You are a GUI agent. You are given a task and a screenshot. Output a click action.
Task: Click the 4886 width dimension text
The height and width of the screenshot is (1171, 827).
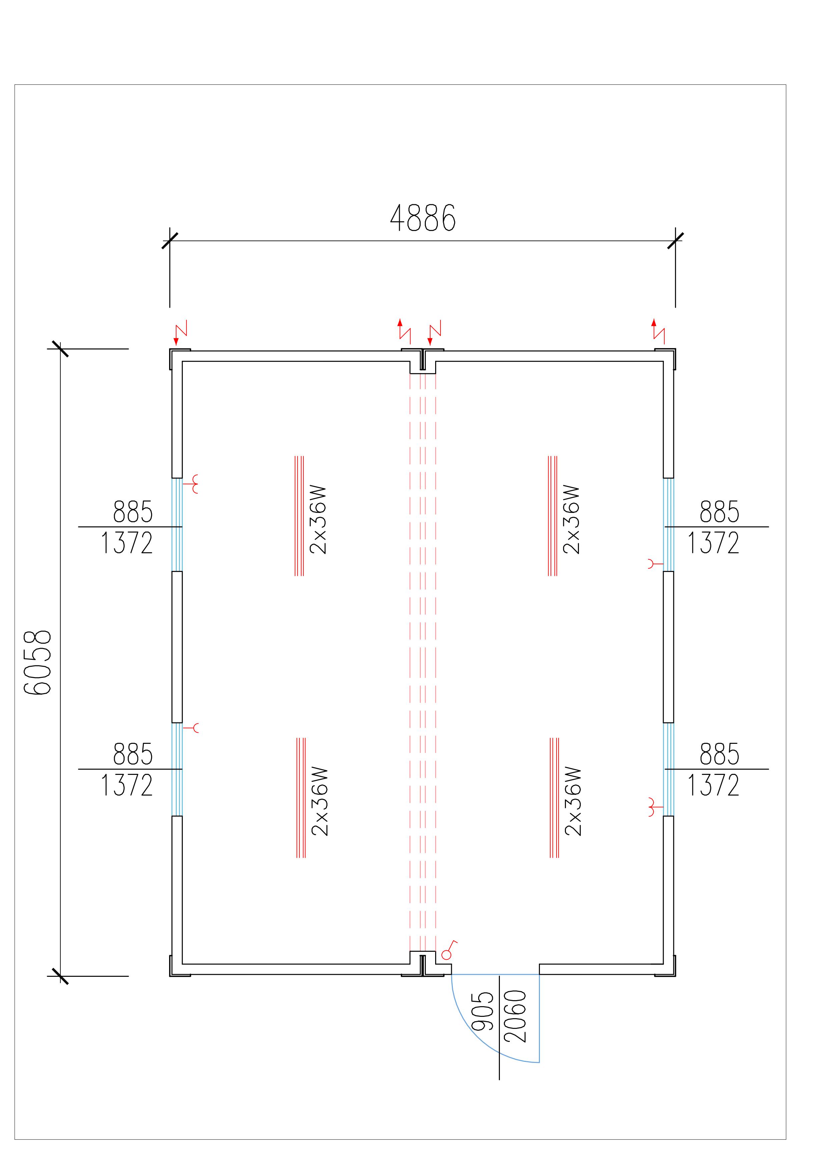pyautogui.click(x=423, y=218)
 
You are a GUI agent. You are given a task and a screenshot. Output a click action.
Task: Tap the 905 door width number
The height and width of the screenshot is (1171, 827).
pyautogui.click(x=483, y=1011)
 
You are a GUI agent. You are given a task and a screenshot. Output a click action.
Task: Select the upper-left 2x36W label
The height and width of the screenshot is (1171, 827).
pyautogui.click(x=318, y=520)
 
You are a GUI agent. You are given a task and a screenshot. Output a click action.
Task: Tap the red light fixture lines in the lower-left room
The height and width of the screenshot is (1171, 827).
pyautogui.click(x=301, y=798)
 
